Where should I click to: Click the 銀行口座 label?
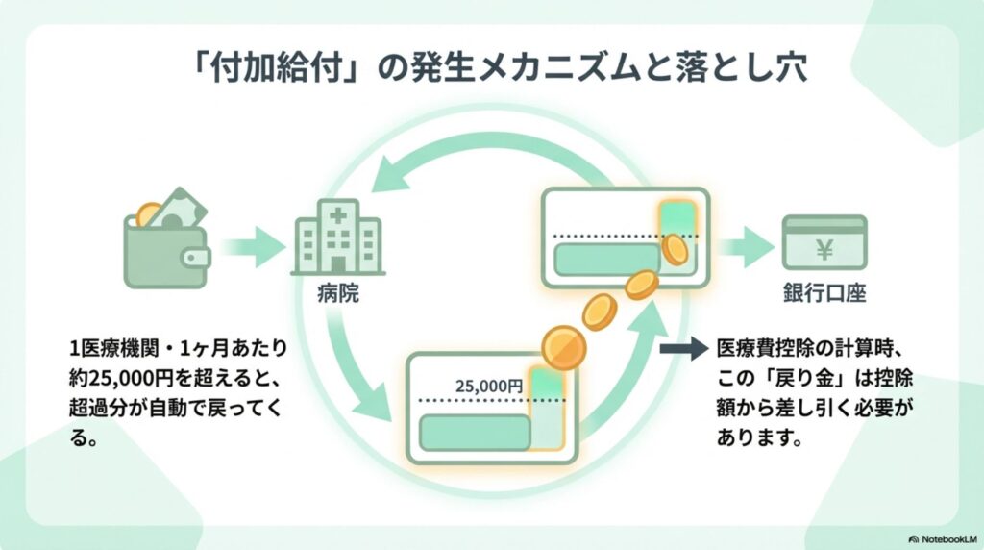pos(824,293)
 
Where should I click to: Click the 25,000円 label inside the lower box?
pos(489,386)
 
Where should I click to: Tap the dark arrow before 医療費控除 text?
pos(683,348)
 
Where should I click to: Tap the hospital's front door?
pos(337,262)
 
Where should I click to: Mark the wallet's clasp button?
pos(201,258)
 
